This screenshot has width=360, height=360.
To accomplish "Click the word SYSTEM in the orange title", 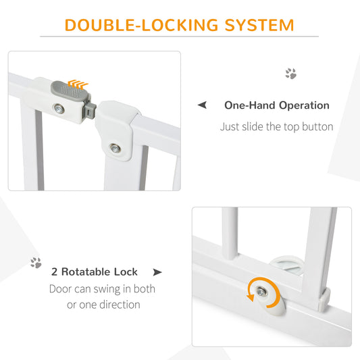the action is (259, 25).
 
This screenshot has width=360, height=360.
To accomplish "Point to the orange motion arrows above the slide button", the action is (78, 84).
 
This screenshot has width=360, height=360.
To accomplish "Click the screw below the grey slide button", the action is (59, 109).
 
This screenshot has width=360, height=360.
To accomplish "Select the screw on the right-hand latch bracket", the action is (115, 149).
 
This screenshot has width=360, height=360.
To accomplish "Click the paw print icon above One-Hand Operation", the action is (291, 74).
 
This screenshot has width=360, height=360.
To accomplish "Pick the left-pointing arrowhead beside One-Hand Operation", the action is (202, 105).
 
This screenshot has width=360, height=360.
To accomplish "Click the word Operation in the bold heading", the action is (304, 105).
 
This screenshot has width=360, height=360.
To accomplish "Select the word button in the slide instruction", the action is (317, 126).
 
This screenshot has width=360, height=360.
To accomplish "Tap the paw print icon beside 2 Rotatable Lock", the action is (36, 263).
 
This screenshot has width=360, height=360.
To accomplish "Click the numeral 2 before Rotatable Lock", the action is (55, 272).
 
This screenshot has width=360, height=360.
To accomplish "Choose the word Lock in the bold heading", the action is (126, 272).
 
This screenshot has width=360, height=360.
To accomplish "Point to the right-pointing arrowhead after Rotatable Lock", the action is (157, 272).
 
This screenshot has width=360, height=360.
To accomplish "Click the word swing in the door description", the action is (106, 289).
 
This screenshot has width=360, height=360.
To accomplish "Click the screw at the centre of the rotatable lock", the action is (261, 292).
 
